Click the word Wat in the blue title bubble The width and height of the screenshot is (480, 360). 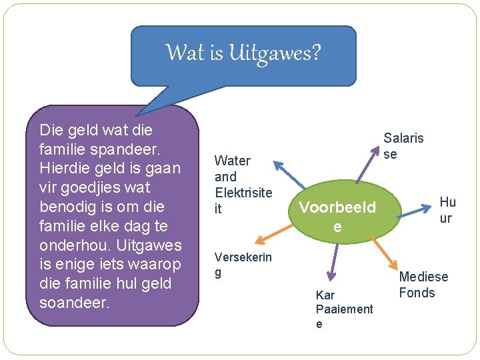[x=186, y=52]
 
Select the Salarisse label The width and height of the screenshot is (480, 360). [x=403, y=146]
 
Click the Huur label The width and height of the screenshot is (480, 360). [x=447, y=210]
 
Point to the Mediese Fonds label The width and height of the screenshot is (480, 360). [x=423, y=285]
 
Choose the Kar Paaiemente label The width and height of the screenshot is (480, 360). [x=343, y=309]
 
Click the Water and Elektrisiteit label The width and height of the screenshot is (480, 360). [x=243, y=185]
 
